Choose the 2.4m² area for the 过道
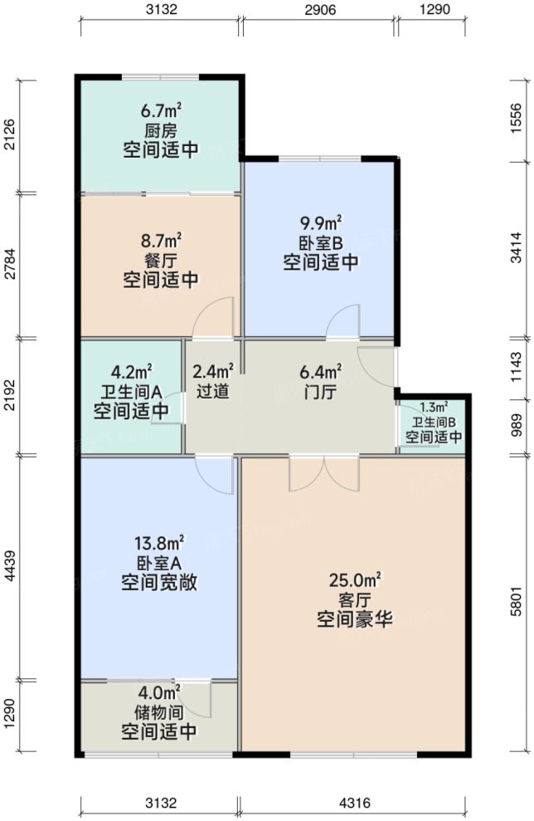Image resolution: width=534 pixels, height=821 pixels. coord(212,371)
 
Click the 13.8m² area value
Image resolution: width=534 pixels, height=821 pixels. coord(159,544)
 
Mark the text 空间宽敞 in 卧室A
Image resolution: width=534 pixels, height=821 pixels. coord(159,582)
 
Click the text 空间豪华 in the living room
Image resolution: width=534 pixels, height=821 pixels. coord(354,619)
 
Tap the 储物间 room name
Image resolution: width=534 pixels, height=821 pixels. coord(159,712)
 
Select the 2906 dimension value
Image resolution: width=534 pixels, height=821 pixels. coord(318,11)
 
